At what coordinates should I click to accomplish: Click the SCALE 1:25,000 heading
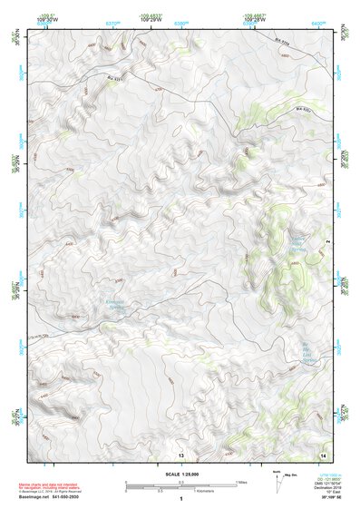pos(180,475)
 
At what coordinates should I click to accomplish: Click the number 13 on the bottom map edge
pos(181,453)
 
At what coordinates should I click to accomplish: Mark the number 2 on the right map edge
pos(328,240)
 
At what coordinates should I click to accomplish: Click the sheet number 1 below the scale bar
pos(181,500)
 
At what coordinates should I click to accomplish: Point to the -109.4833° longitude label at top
pos(151,15)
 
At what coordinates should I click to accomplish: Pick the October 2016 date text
pos(322,490)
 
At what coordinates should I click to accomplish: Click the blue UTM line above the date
pos(322,476)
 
